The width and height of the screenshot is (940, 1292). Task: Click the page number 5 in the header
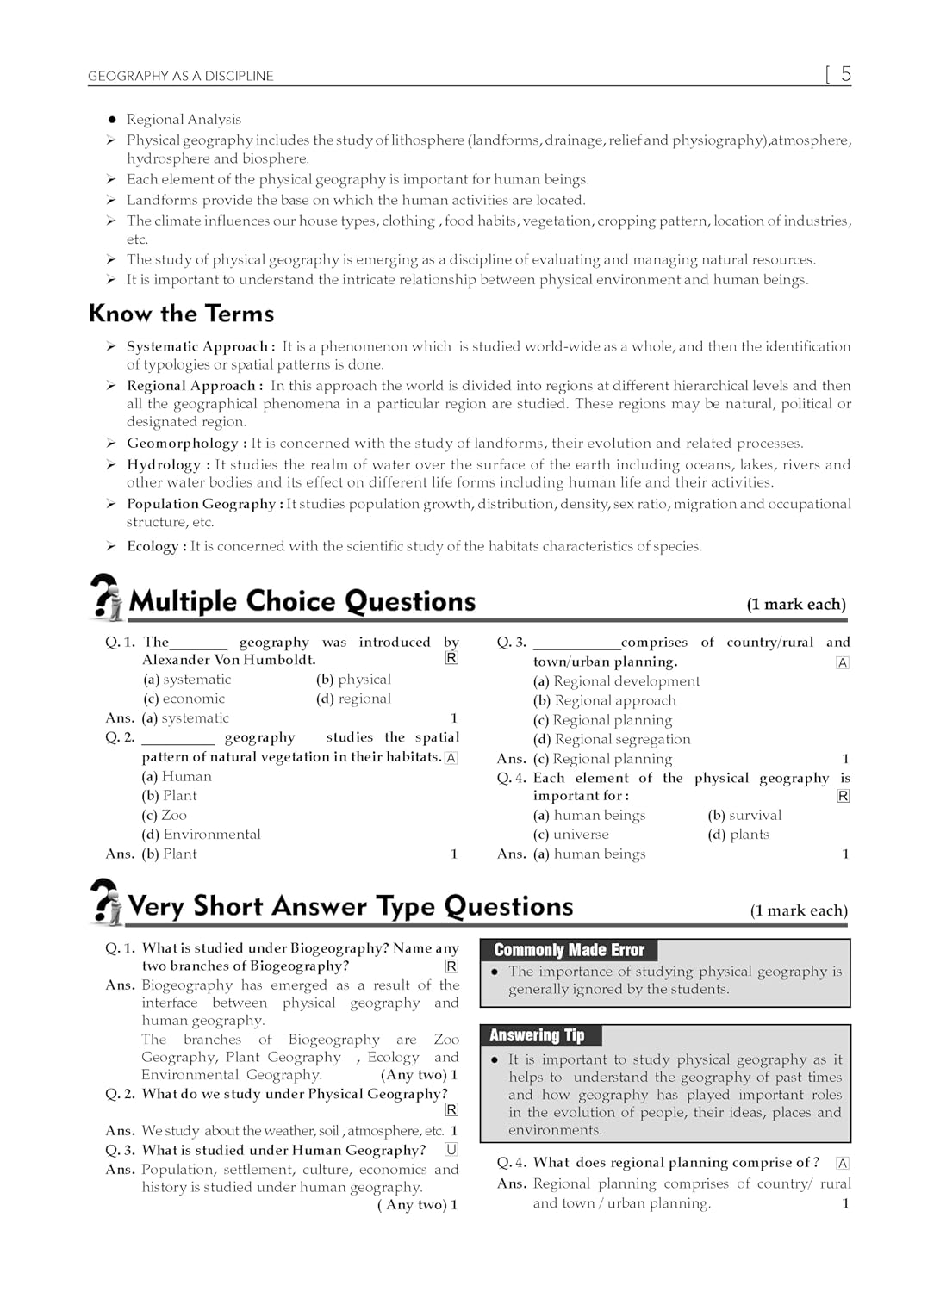tap(845, 74)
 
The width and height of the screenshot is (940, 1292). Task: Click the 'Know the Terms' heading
tap(181, 314)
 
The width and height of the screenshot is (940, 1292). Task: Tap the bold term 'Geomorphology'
tap(183, 444)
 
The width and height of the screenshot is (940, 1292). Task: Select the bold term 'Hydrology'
tap(164, 465)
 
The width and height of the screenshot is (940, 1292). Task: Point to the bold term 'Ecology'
tap(153, 546)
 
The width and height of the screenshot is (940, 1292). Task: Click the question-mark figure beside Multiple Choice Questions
tap(107, 597)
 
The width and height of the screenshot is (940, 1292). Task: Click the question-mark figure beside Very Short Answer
tap(107, 902)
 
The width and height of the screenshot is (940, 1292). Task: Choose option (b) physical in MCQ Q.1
tap(354, 680)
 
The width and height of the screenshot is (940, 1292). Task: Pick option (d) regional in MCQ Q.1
tap(354, 699)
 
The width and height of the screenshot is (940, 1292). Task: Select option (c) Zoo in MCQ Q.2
tap(165, 815)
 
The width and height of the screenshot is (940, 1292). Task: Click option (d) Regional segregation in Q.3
tap(612, 739)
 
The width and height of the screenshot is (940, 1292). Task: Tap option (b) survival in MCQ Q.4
tap(744, 815)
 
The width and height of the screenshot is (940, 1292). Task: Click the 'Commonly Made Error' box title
tap(569, 950)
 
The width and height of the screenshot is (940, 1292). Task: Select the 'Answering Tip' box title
tap(537, 1035)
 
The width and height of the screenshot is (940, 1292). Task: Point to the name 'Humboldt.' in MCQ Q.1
tap(279, 660)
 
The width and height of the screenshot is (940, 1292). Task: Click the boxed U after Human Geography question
tap(451, 1150)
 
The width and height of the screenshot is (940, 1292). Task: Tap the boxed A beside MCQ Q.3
tap(843, 662)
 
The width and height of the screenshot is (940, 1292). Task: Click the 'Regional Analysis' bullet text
tap(184, 120)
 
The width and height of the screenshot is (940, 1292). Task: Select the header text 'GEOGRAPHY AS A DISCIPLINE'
tap(180, 76)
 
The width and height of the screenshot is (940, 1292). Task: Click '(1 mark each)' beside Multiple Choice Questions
tap(796, 605)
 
